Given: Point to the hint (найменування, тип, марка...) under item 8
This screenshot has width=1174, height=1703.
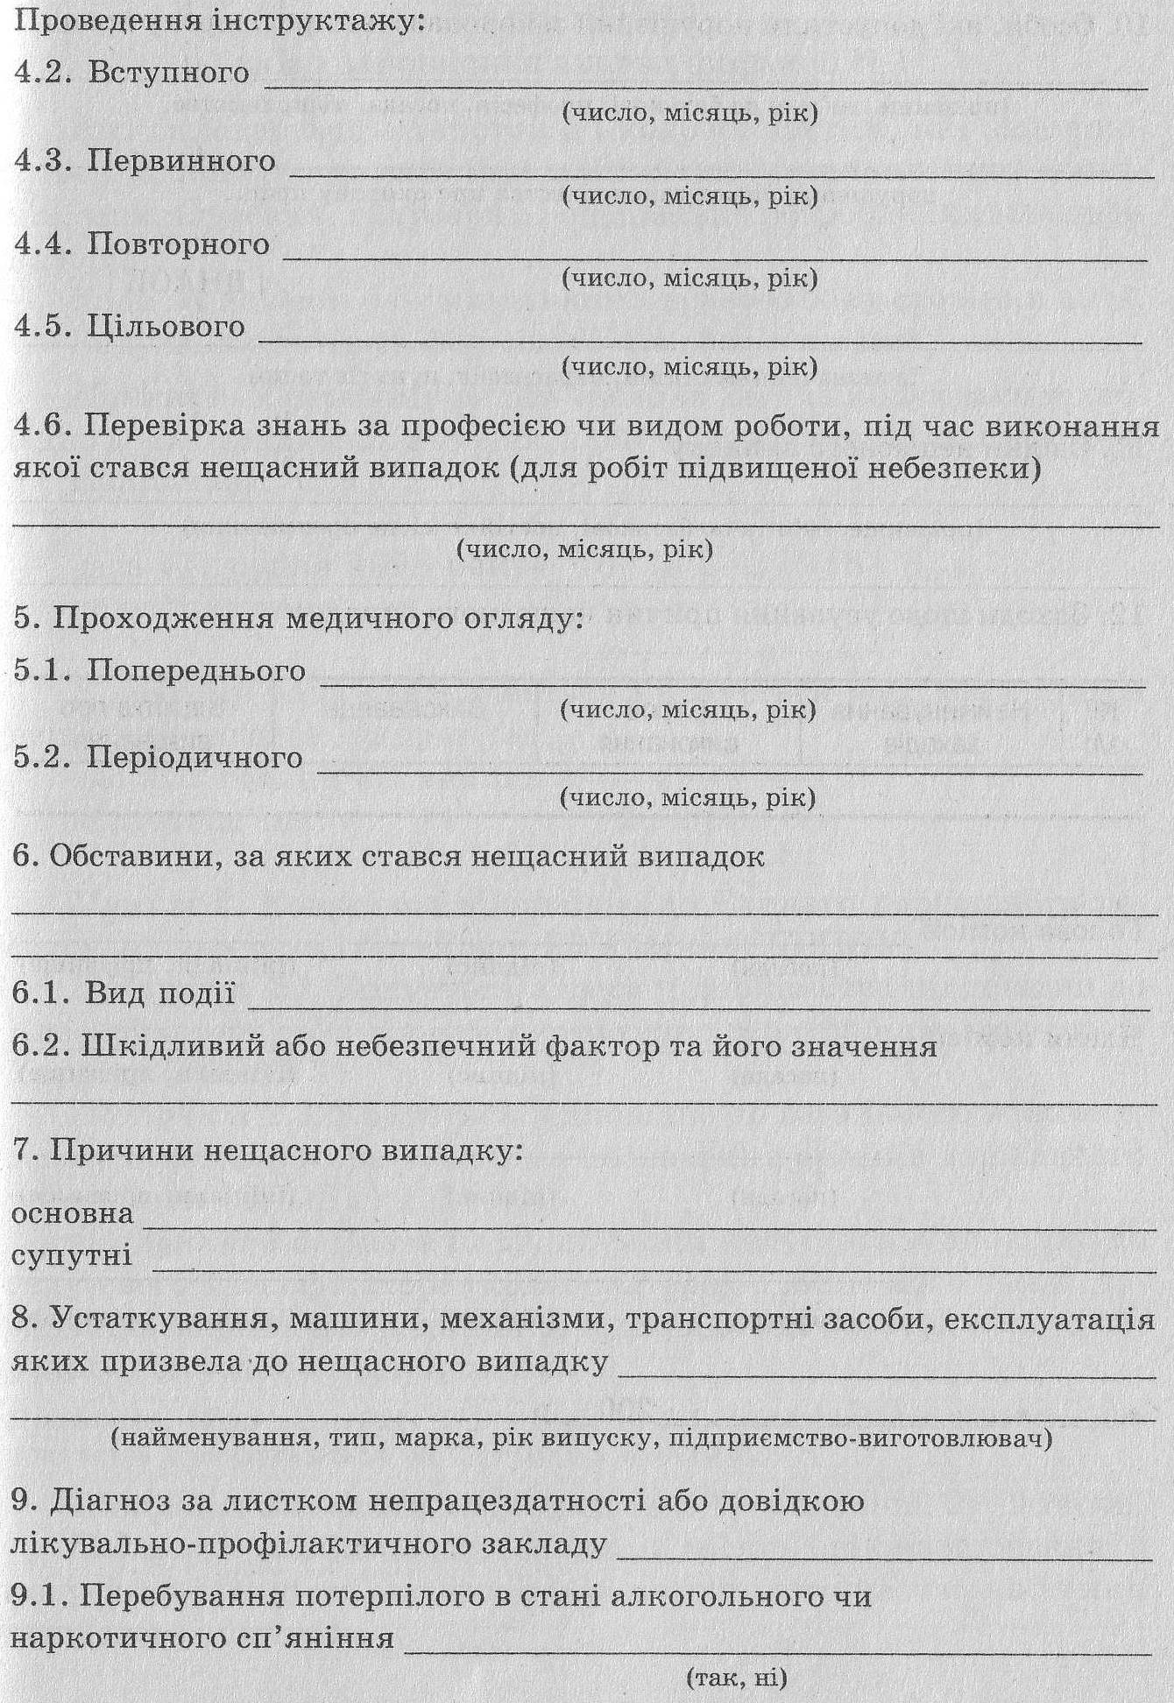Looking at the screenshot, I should (582, 1438).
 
